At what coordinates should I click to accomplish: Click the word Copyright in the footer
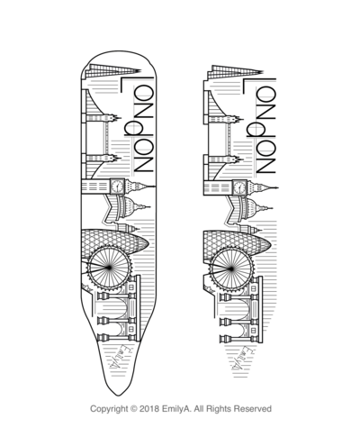coord(109,409)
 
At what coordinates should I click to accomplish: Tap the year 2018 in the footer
coord(149,409)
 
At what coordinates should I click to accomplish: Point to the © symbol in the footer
coord(134,409)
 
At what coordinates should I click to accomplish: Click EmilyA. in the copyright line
coord(176,409)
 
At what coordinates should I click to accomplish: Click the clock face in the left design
coord(117,187)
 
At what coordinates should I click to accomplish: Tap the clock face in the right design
coord(239,187)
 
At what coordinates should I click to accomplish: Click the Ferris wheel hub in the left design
coord(109,267)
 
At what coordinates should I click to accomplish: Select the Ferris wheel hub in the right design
coord(231,269)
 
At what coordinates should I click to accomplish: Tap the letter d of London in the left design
coord(134,130)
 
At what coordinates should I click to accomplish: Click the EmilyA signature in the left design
coord(118,358)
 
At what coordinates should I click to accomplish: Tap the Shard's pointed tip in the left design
coord(140,71)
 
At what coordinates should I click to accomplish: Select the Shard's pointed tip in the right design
coord(263,72)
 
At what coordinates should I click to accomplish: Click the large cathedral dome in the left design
coord(128,206)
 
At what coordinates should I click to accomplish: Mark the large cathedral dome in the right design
coord(250,208)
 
